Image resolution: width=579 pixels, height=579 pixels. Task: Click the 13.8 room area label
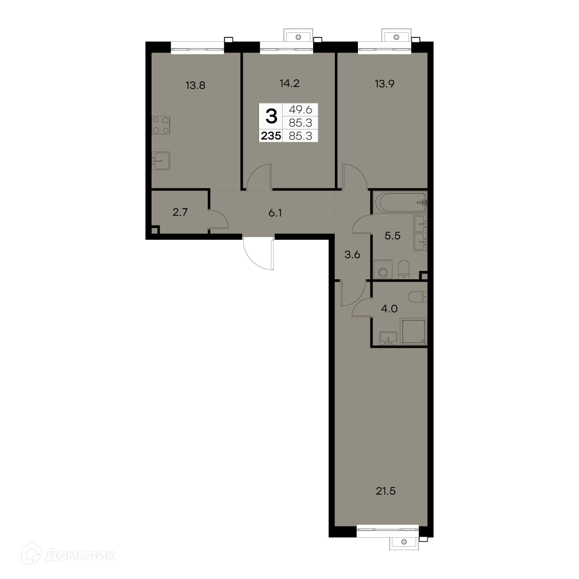pyautogui.click(x=195, y=85)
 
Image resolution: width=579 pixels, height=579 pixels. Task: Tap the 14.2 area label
pyautogui.click(x=289, y=84)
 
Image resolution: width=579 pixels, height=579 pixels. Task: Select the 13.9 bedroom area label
pyautogui.click(x=384, y=84)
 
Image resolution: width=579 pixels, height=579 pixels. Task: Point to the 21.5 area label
pyautogui.click(x=386, y=491)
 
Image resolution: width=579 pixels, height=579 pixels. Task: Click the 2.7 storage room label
pyautogui.click(x=180, y=213)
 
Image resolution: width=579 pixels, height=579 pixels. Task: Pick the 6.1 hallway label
pyautogui.click(x=275, y=213)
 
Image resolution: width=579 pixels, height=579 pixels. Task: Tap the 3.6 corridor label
pyautogui.click(x=352, y=254)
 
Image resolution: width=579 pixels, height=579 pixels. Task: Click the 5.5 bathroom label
pyautogui.click(x=392, y=236)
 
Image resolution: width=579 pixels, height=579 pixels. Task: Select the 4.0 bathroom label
pyautogui.click(x=389, y=309)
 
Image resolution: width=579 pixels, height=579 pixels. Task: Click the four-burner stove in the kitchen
pyautogui.click(x=161, y=125)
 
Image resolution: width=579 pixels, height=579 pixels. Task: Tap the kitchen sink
pyautogui.click(x=161, y=161)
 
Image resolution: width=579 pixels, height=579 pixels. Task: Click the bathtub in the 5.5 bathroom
pyautogui.click(x=400, y=202)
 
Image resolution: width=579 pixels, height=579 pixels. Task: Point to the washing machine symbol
pyautogui.click(x=383, y=269)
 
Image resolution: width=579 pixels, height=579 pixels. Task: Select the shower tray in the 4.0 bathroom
pyautogui.click(x=413, y=332)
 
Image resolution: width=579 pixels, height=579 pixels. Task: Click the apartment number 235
pyautogui.click(x=271, y=136)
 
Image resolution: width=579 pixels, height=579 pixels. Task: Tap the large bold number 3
pyautogui.click(x=271, y=116)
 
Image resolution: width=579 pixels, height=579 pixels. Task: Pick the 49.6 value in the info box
pyautogui.click(x=301, y=110)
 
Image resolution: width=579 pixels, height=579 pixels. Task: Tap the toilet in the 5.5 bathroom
pyautogui.click(x=404, y=269)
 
